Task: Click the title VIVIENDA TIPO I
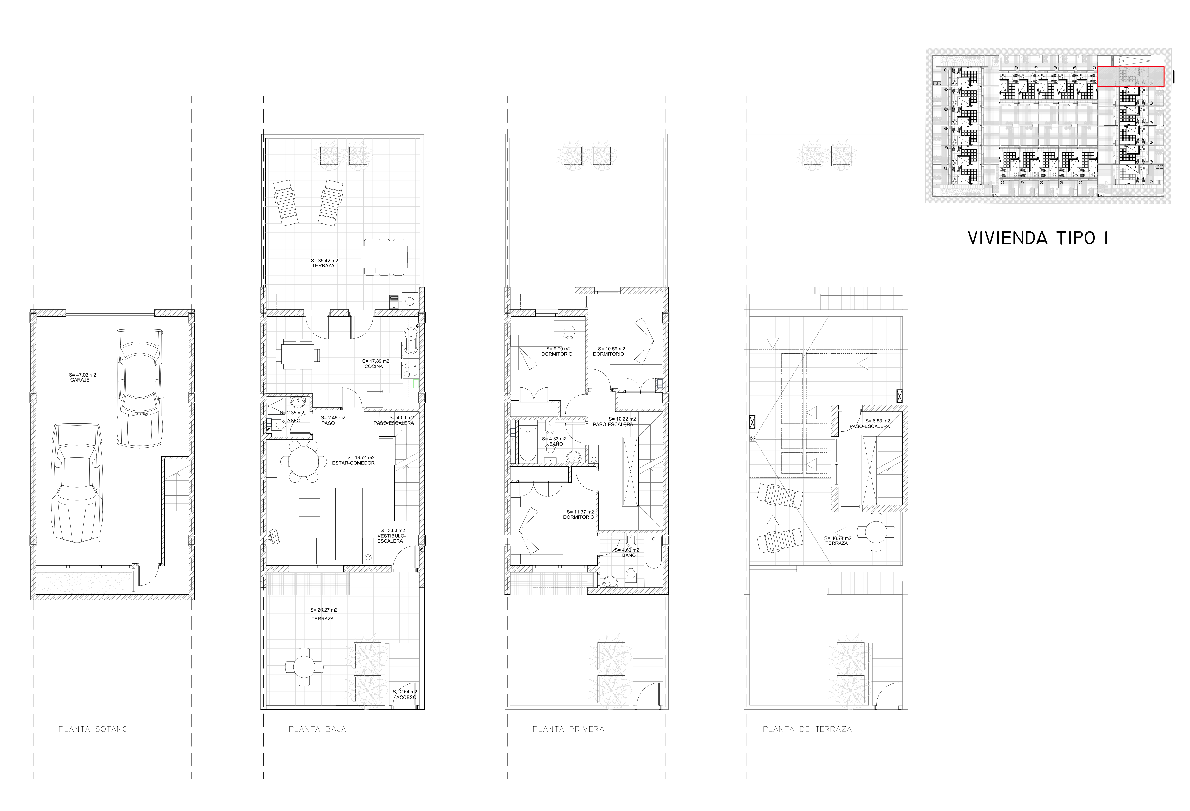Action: point(1037,238)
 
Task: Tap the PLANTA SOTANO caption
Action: point(93,729)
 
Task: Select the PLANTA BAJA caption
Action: point(318,729)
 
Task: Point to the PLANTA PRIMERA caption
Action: point(568,729)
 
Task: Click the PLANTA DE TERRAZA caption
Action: point(807,729)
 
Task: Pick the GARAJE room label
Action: point(80,380)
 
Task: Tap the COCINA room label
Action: point(374,366)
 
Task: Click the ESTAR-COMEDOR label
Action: point(353,463)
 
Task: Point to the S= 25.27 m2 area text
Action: point(324,610)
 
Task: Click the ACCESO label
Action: point(406,697)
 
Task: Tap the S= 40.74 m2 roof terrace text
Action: point(838,538)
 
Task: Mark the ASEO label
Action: point(294,420)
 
